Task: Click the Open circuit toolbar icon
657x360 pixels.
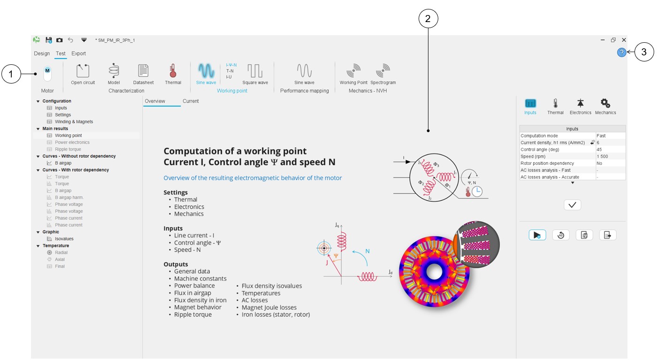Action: click(83, 71)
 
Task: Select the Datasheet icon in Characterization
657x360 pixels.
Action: click(143, 71)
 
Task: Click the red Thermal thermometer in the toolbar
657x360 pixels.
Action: click(173, 71)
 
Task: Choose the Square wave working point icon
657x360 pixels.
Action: click(255, 71)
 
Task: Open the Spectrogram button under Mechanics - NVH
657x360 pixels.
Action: click(383, 71)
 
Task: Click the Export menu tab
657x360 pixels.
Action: click(79, 54)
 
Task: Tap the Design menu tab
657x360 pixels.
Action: click(42, 54)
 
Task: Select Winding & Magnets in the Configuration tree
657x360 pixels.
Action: click(74, 122)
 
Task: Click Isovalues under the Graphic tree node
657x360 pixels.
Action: click(64, 239)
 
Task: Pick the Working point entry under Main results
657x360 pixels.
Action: click(68, 136)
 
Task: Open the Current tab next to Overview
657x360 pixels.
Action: click(191, 101)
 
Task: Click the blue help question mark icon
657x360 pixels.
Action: click(621, 53)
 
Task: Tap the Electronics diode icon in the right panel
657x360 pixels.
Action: click(581, 104)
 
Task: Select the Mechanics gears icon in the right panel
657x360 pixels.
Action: click(605, 104)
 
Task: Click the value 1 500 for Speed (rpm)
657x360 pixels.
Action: click(603, 156)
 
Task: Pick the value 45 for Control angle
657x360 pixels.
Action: click(599, 149)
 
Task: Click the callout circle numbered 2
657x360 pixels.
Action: click(428, 19)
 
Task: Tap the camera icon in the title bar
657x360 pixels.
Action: click(60, 40)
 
